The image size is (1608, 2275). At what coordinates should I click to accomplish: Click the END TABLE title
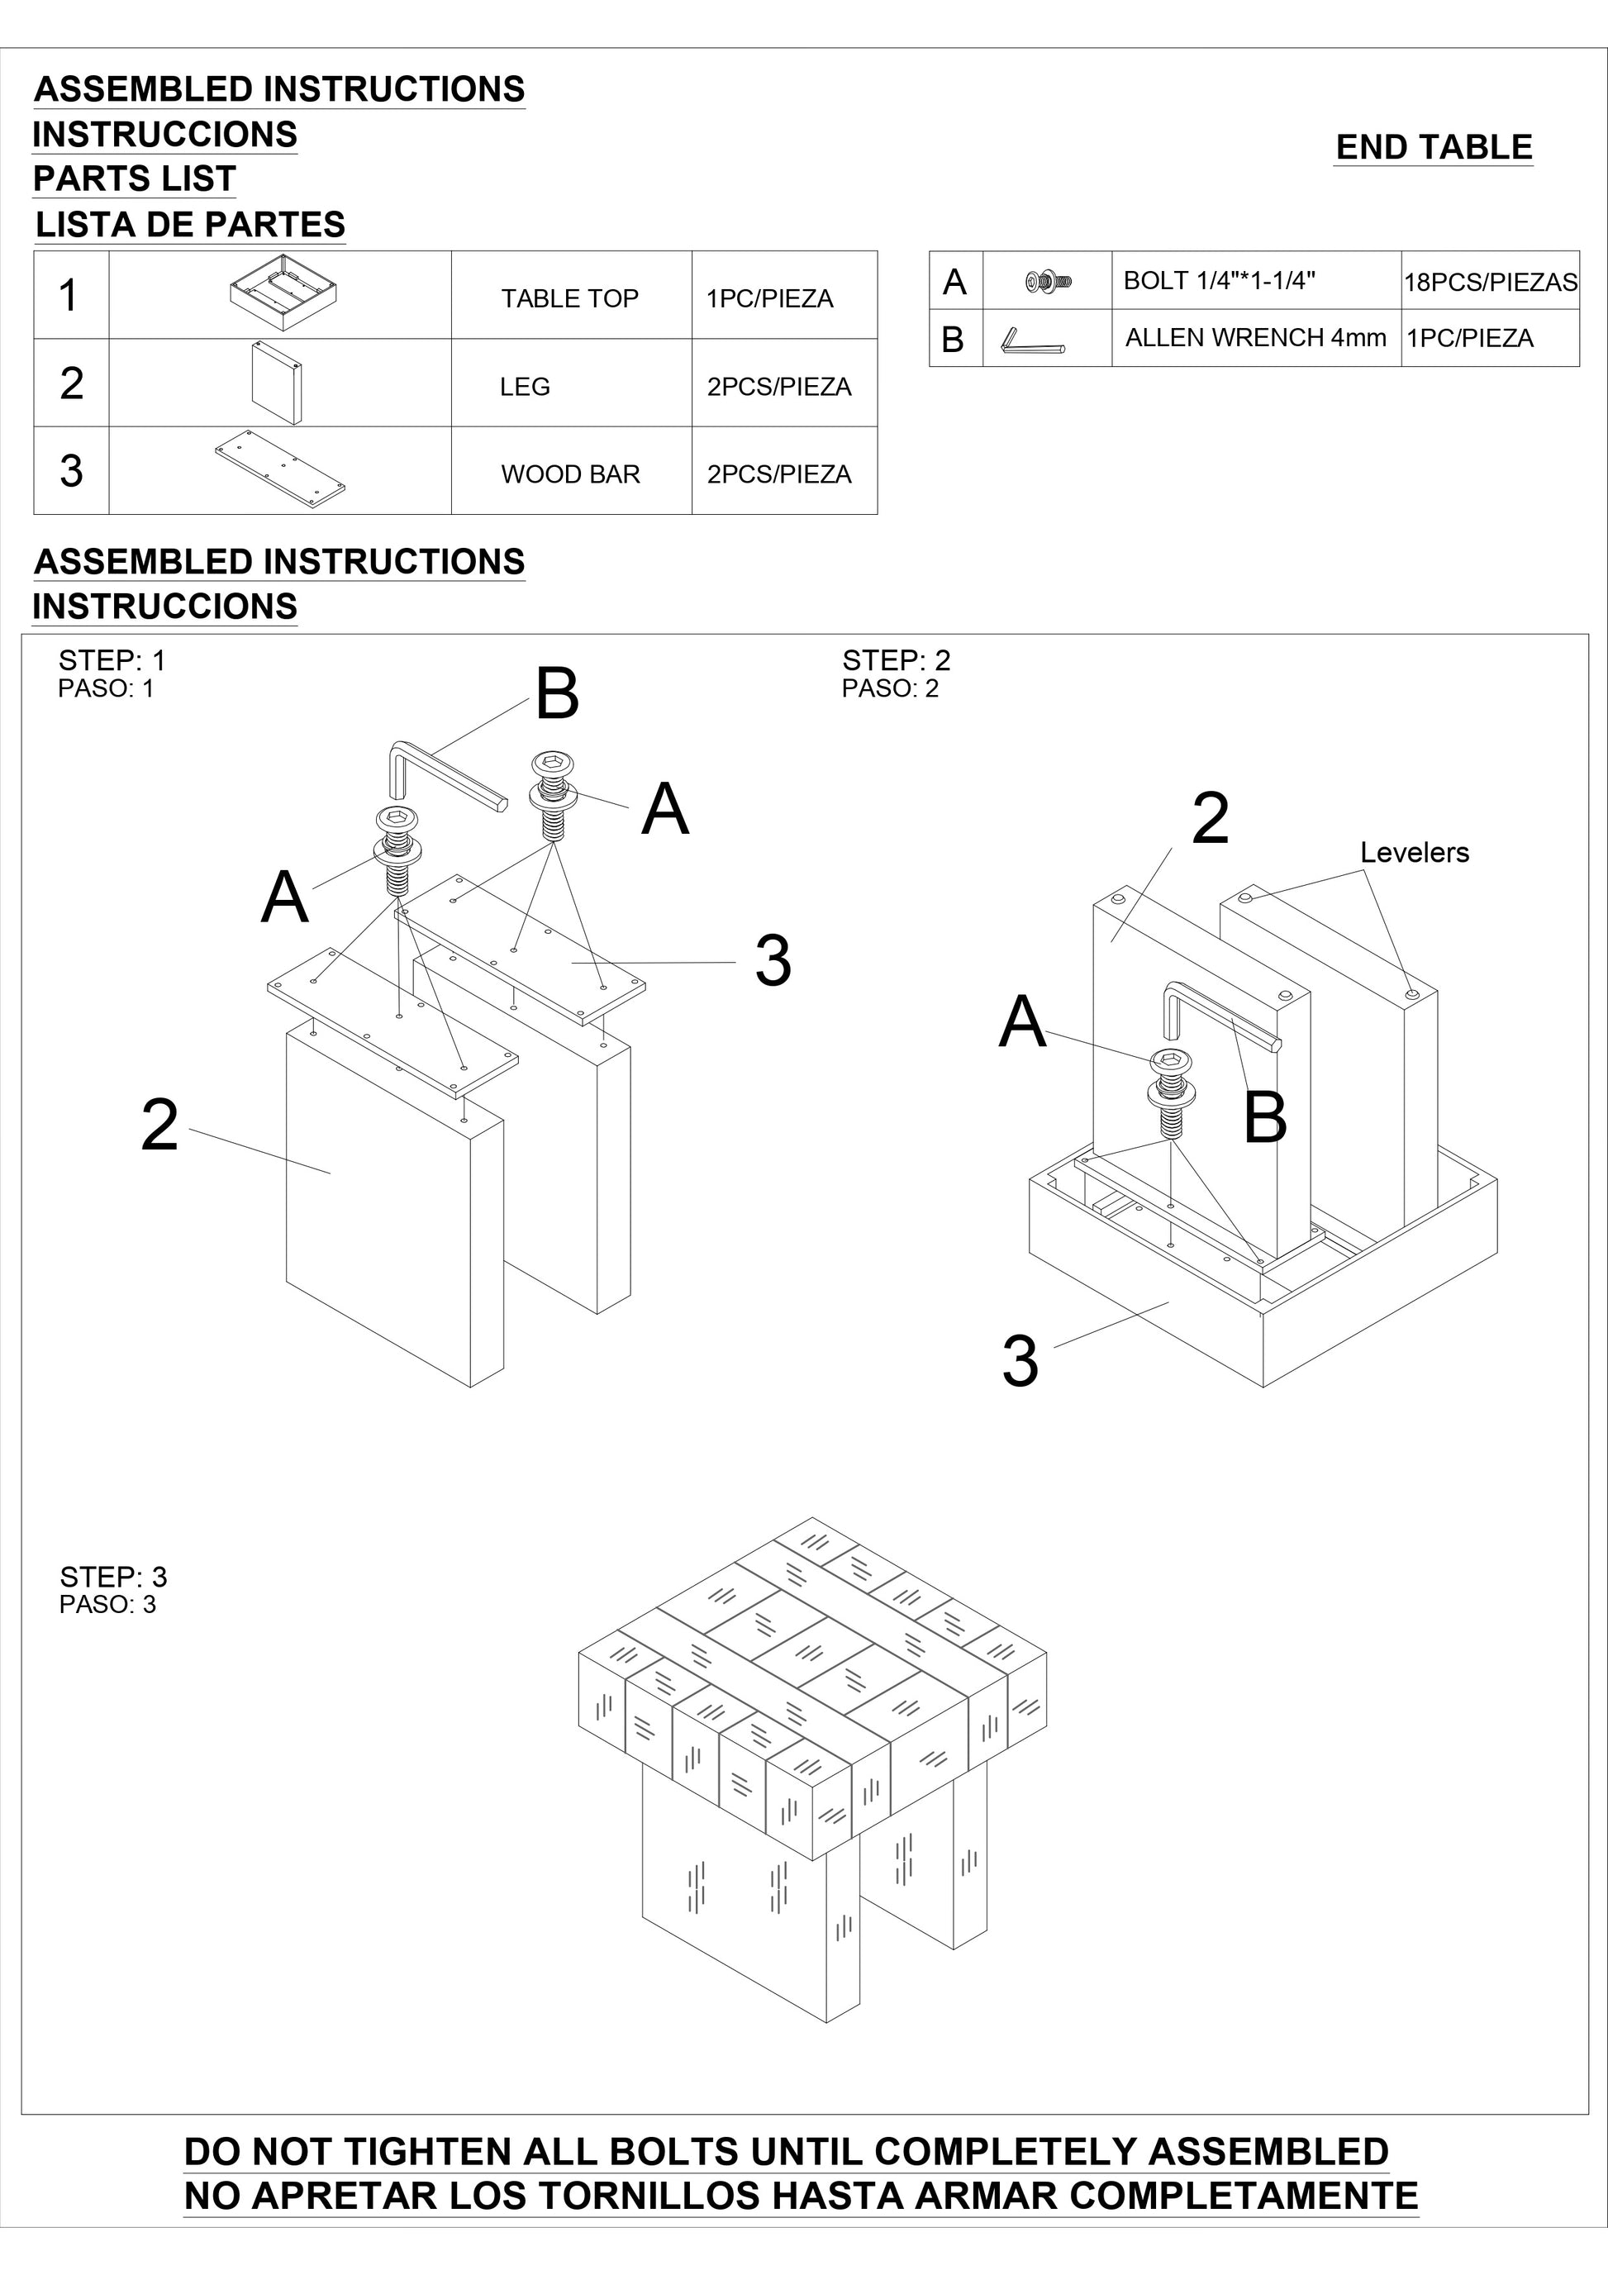coord(1434,148)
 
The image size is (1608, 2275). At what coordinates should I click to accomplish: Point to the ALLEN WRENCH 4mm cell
coord(1255,338)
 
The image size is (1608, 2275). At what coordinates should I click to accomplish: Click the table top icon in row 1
coord(283,293)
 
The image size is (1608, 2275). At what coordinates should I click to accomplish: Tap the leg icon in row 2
coord(277,383)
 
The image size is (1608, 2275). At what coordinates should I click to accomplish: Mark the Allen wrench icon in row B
coord(1032,340)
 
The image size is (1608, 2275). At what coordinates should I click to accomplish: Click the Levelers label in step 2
coord(1414,852)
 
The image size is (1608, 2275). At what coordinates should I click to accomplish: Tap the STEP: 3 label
coord(113,1577)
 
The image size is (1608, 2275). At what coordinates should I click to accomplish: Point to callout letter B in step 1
coord(557,695)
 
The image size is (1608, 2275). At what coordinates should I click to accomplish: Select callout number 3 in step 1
coord(773,961)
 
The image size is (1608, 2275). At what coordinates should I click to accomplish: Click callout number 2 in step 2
coord(1210,818)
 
